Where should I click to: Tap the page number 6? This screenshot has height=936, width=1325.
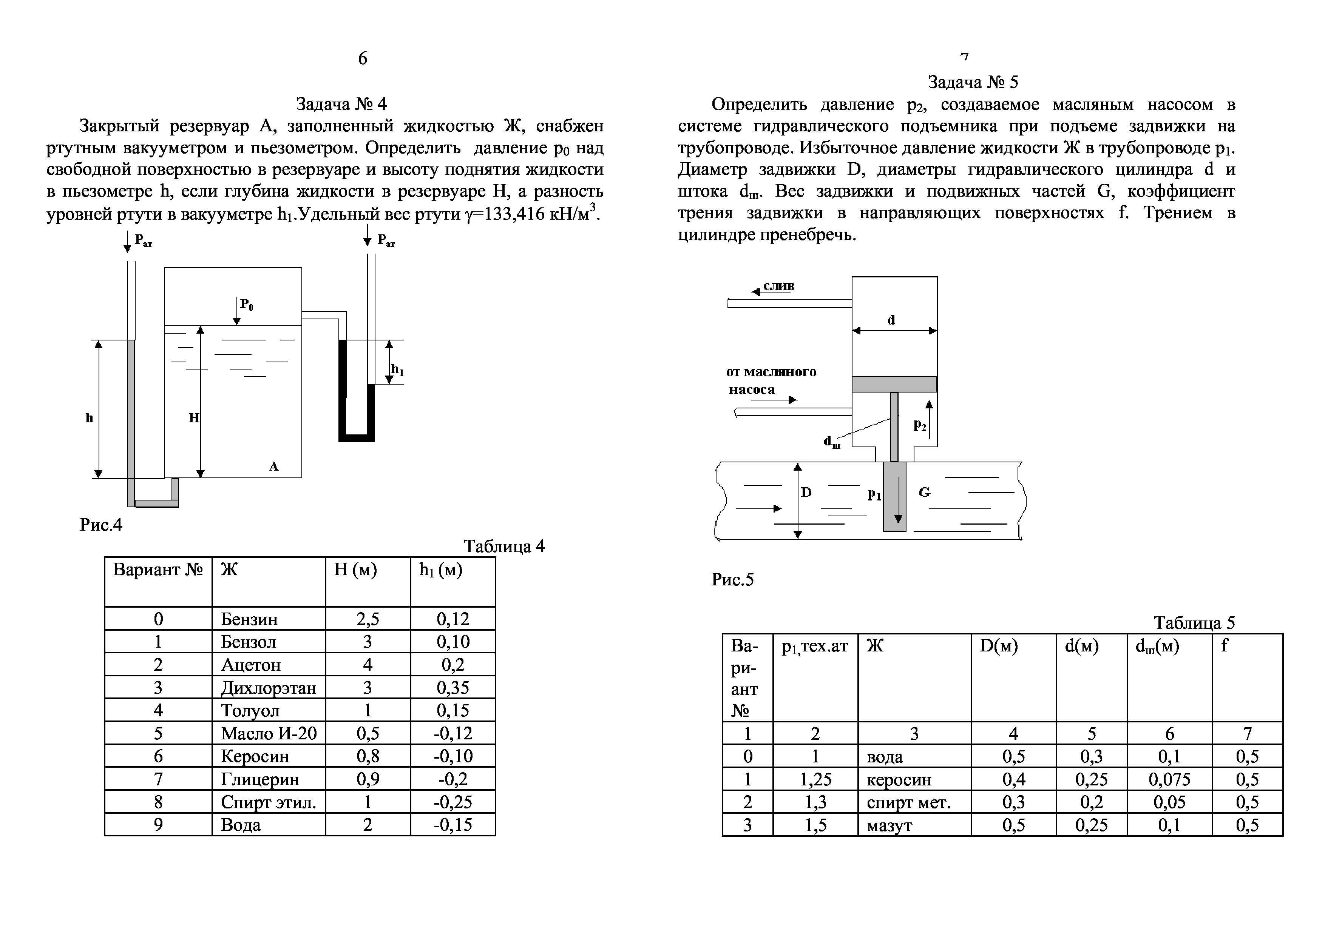(x=363, y=58)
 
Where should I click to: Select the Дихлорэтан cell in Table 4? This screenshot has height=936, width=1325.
(x=268, y=687)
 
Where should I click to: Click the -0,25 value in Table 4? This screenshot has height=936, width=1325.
(x=453, y=802)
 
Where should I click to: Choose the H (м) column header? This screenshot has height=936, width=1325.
(x=355, y=570)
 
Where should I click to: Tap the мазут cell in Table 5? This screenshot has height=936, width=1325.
(x=889, y=825)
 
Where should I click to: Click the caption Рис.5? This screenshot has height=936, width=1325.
(x=732, y=579)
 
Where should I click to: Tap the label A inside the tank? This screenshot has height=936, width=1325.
(x=273, y=466)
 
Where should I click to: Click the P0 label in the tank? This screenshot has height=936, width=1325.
(x=246, y=305)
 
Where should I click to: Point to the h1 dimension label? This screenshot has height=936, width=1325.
(x=397, y=369)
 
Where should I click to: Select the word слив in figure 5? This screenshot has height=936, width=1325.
(x=778, y=286)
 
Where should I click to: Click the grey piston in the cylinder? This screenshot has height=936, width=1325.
(x=894, y=384)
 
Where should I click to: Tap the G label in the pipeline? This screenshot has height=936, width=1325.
(x=924, y=492)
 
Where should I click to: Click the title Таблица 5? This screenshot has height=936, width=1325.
(x=1194, y=623)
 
